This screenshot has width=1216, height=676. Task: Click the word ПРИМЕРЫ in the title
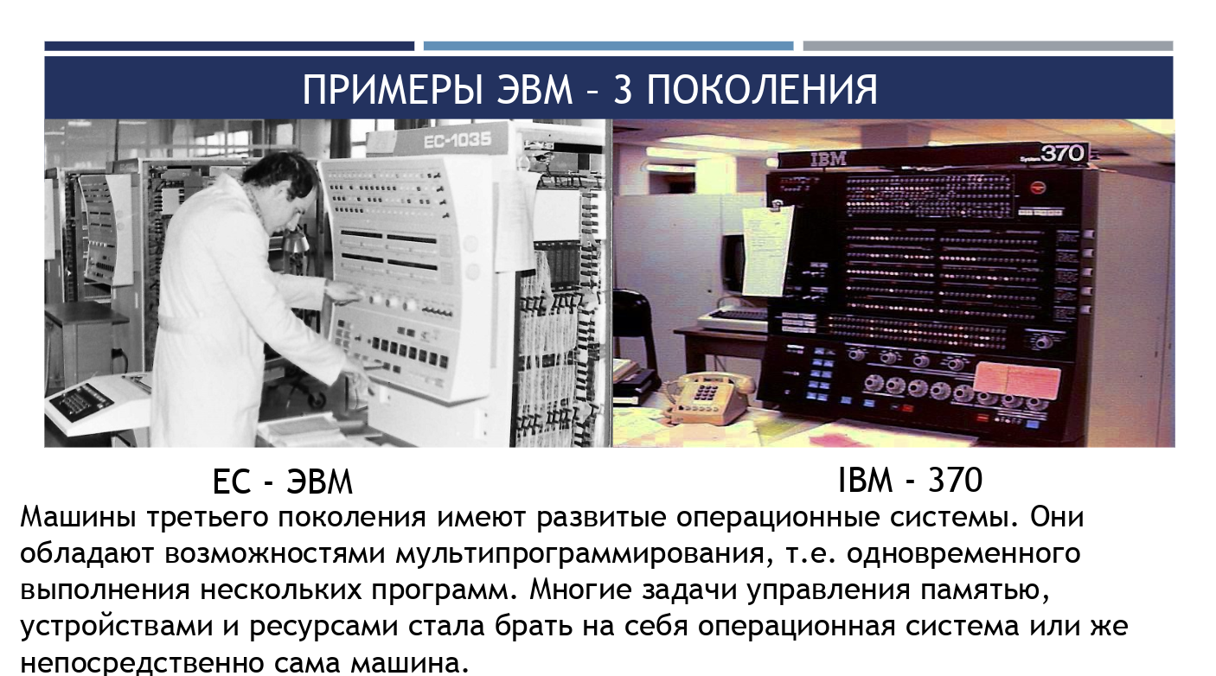[393, 90]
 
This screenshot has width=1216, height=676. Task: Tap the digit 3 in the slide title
[624, 90]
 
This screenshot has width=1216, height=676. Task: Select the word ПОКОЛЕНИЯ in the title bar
[762, 90]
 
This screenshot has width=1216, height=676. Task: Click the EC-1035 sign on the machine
[458, 141]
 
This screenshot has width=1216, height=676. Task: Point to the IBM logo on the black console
[828, 159]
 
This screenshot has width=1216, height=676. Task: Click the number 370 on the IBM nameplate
[1062, 154]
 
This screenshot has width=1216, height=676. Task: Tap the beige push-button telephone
[707, 397]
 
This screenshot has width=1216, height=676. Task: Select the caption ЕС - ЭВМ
[282, 481]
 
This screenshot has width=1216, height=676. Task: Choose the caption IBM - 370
[911, 480]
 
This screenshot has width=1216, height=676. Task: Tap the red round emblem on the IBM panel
[1038, 188]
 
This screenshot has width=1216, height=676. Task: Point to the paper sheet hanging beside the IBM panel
[767, 250]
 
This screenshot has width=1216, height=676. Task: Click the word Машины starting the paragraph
[78, 517]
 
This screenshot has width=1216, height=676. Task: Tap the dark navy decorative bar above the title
[229, 46]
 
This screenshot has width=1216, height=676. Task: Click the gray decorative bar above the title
[988, 46]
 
